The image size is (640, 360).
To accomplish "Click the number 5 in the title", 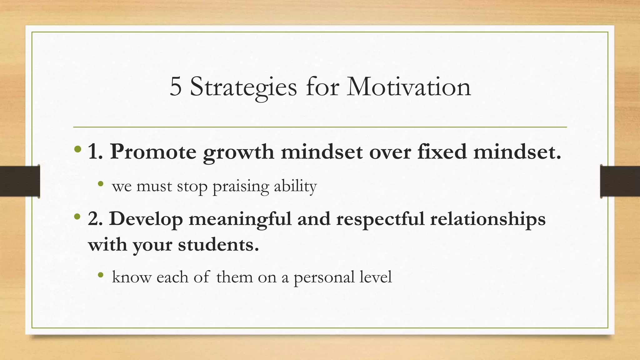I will click(176, 87).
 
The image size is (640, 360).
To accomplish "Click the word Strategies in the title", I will click(243, 87).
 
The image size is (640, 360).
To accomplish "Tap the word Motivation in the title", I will click(408, 87).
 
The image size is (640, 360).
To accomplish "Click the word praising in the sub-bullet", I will click(241, 187).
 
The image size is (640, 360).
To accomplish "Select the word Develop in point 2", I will click(146, 219).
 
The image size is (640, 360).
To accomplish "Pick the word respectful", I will click(380, 219).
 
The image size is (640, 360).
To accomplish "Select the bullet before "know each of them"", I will click(100, 275).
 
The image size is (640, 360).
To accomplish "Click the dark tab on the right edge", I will click(620, 181).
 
